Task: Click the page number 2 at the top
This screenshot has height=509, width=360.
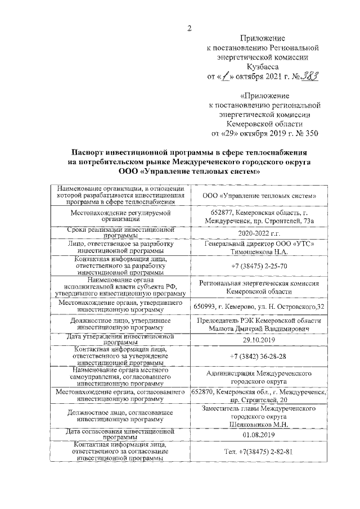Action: tap(190, 29)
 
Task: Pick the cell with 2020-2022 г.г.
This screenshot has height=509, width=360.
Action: tap(259, 233)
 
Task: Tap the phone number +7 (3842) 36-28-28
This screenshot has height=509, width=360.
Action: tap(259, 357)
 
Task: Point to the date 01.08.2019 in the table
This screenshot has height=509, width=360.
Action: tap(259, 435)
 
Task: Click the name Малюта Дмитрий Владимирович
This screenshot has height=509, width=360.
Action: tap(259, 327)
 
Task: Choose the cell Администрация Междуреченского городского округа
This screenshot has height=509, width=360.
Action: tap(259, 377)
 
